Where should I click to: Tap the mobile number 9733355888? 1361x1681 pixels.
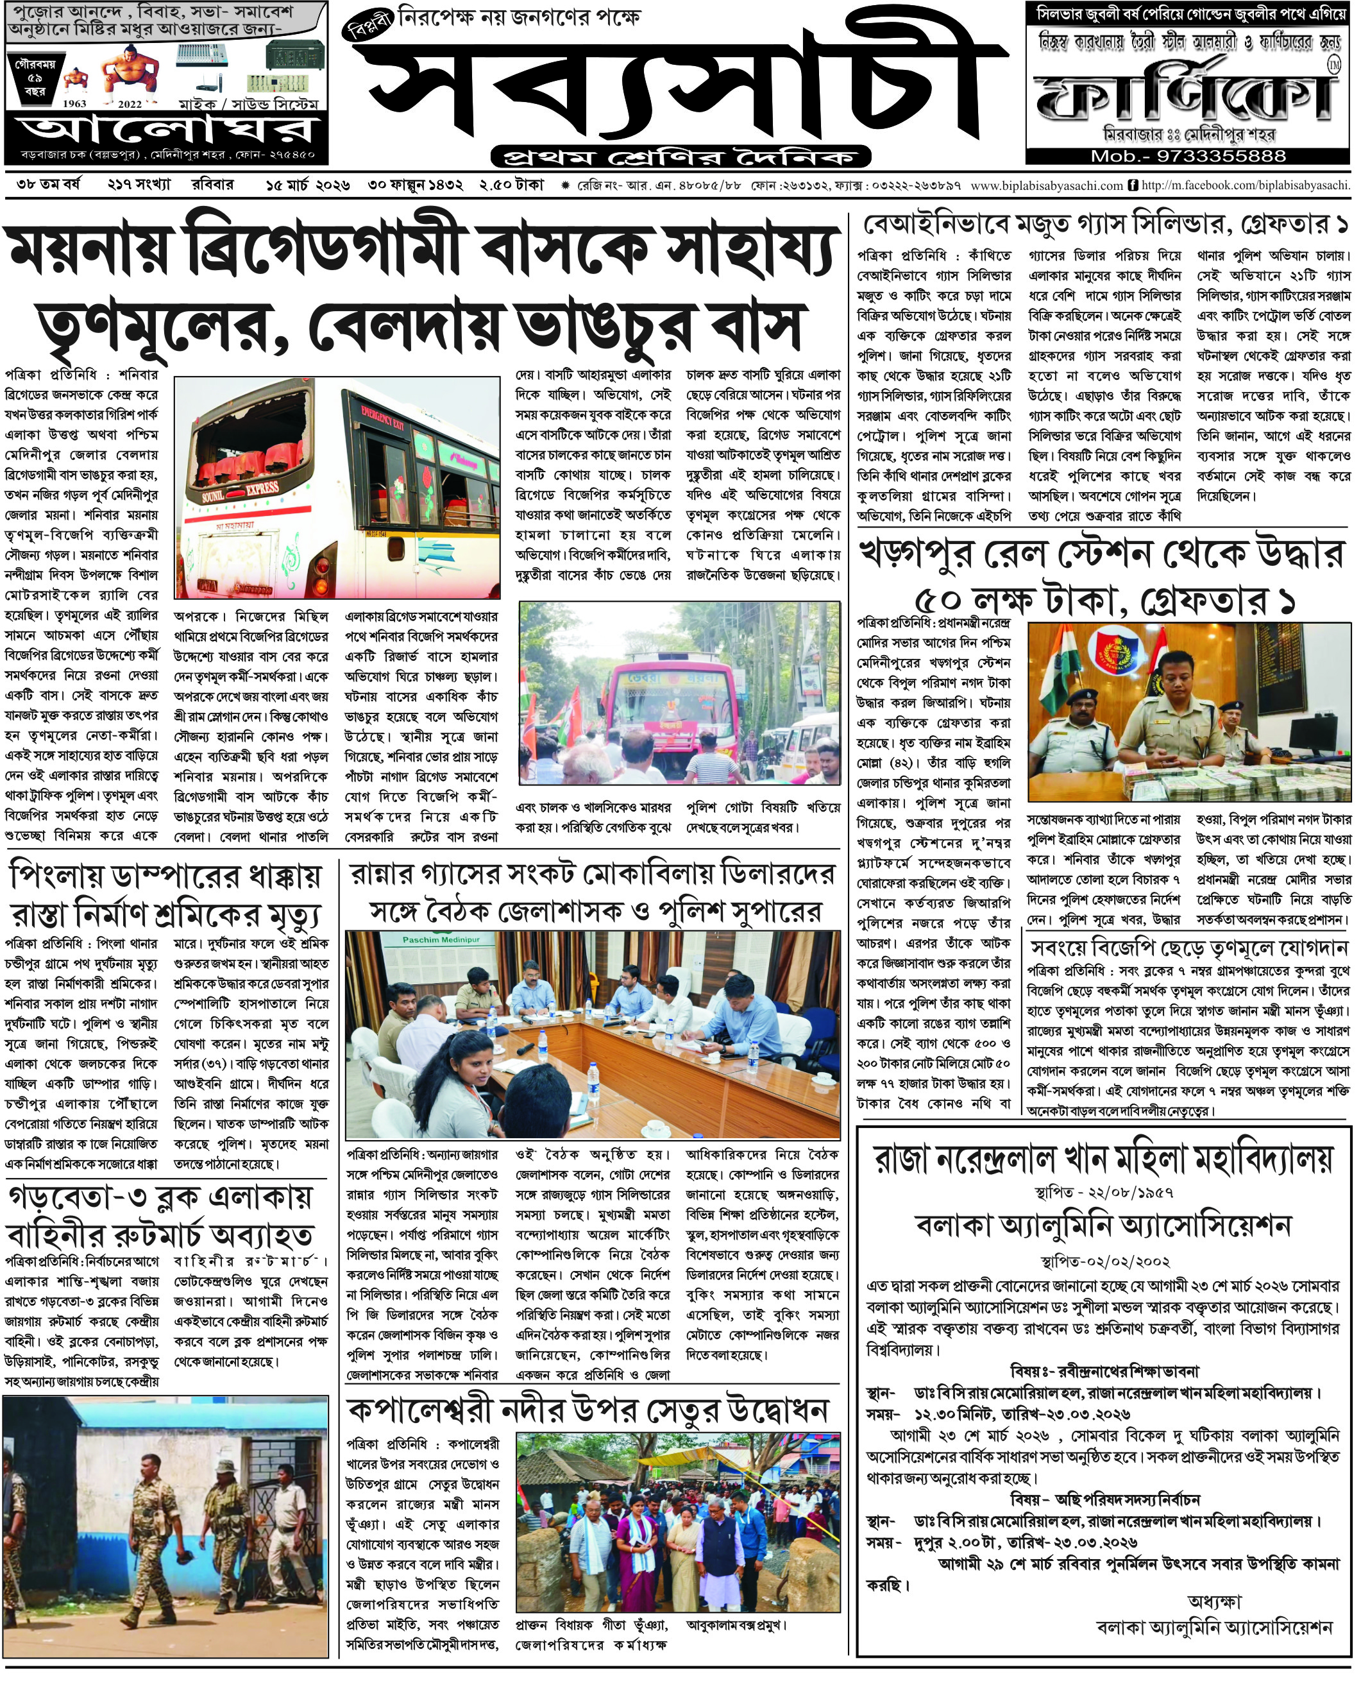[x=1188, y=156]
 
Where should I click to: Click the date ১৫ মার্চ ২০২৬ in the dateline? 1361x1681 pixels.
[x=309, y=186]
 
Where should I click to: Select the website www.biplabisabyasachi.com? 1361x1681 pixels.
[x=1046, y=186]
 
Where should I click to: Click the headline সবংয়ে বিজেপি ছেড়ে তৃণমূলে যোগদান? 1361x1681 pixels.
[x=1190, y=948]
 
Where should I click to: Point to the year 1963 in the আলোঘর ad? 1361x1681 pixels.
[x=74, y=103]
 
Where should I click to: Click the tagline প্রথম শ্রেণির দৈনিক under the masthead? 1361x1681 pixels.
[x=680, y=155]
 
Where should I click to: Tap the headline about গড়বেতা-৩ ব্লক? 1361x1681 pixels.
[x=161, y=1216]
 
